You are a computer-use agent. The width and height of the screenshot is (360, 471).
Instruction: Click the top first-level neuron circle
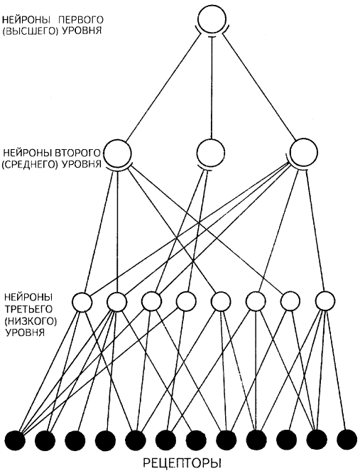coord(212,19)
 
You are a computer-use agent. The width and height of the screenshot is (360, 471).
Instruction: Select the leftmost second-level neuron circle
coord(117,153)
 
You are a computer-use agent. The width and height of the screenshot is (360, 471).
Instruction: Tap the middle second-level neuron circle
coord(212,153)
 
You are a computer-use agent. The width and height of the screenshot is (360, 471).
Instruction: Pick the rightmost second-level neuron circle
coord(304,153)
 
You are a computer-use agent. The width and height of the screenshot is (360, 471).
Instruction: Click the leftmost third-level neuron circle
coord(82,301)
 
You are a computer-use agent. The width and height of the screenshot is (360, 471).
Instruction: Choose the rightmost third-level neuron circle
coord(325,301)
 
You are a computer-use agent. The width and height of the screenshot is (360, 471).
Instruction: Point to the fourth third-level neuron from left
coord(186,301)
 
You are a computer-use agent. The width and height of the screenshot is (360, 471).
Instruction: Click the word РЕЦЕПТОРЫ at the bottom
coord(180,462)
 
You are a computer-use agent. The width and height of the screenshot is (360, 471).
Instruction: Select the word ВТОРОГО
coord(77,153)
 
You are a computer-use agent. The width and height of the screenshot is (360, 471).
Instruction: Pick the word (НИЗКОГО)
coord(31,321)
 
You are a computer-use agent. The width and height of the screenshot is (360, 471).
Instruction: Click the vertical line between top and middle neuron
coord(212,87)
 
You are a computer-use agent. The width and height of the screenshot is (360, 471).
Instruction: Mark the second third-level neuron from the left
coord(116,301)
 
